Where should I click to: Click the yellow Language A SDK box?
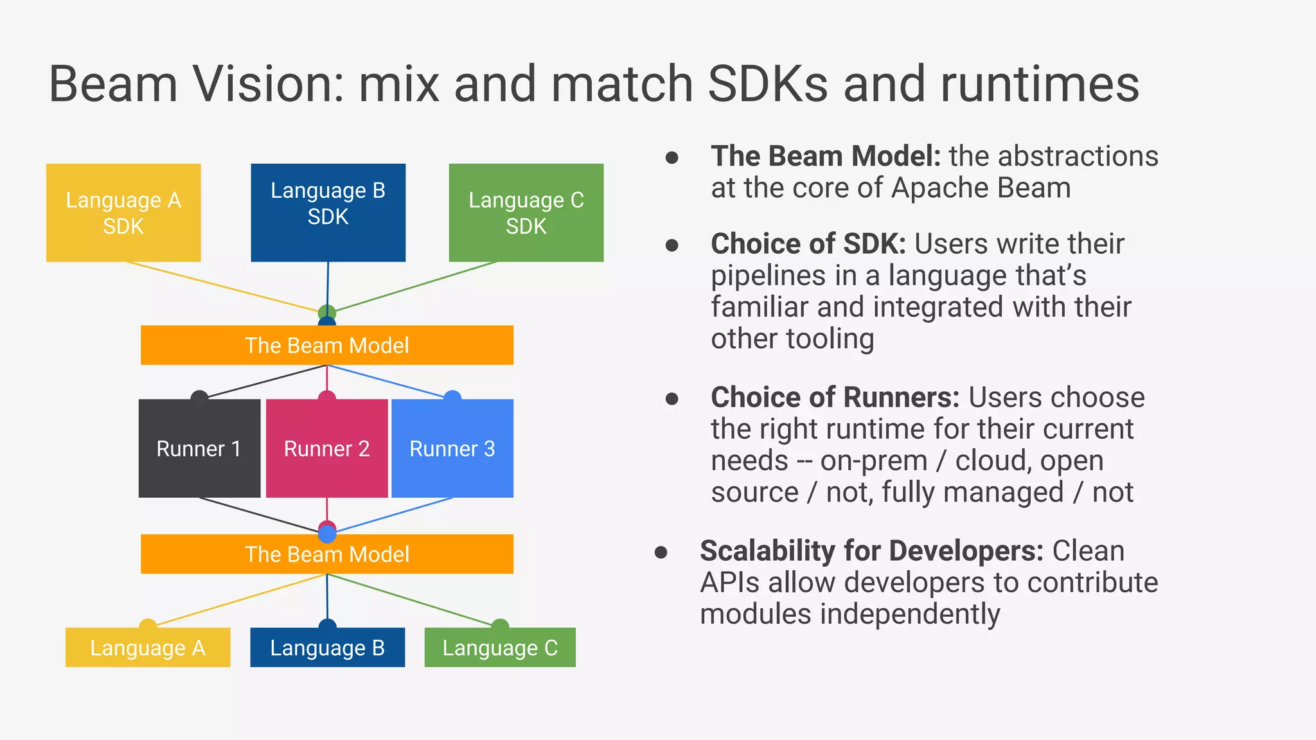pos(123,213)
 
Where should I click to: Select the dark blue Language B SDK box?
pos(328,213)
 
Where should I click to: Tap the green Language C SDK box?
pos(526,213)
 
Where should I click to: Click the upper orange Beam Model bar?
pos(326,346)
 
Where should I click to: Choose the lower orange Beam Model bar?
pos(326,554)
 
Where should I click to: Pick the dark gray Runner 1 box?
pos(199,448)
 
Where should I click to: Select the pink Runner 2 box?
pos(326,448)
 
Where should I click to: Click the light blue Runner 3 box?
pos(452,448)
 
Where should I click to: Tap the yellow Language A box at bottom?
pos(148,647)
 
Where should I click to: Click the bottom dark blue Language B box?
pos(327,647)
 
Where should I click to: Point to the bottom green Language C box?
pos(500,647)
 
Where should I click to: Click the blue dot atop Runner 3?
pos(452,396)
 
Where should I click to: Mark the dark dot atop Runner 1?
pos(199,396)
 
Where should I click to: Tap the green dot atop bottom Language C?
pos(500,624)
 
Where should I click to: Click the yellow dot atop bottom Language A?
pos(148,624)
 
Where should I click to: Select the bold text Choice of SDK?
pos(808,244)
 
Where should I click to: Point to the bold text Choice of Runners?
pos(835,398)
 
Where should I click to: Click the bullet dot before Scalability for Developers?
pos(661,552)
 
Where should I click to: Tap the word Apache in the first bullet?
pos(936,188)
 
